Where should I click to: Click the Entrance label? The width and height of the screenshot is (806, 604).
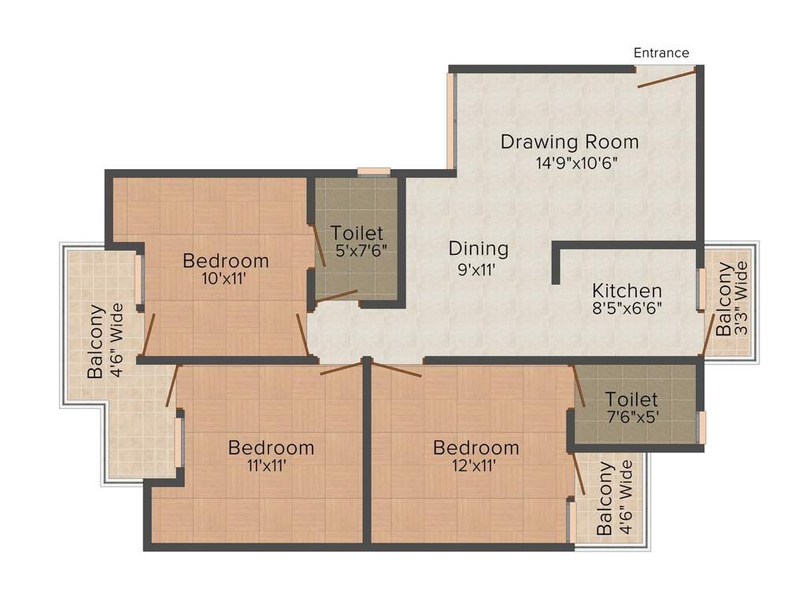661,53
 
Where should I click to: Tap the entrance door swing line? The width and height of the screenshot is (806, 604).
667,76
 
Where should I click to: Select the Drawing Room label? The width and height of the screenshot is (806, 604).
570,142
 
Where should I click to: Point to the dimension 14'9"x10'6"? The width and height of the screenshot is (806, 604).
575,164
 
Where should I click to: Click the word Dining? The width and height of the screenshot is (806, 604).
479,249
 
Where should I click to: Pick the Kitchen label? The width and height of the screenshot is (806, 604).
627,291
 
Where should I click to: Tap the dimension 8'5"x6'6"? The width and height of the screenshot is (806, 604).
627,308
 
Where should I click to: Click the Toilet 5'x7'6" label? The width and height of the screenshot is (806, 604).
357,241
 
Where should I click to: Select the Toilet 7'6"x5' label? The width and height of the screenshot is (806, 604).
631,407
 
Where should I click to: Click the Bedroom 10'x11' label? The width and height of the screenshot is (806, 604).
226,269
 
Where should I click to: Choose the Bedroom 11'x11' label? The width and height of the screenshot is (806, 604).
271,455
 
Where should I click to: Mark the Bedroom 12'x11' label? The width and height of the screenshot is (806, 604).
475,455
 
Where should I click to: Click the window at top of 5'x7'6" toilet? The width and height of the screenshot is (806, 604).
374,172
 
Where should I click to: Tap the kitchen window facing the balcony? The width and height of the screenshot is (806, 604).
701,289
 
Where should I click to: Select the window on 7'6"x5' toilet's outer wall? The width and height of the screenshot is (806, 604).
701,427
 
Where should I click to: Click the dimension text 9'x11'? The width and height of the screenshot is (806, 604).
476,269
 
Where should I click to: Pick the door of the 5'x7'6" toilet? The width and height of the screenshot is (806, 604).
336,296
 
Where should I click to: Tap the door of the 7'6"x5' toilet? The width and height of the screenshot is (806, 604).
579,385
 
